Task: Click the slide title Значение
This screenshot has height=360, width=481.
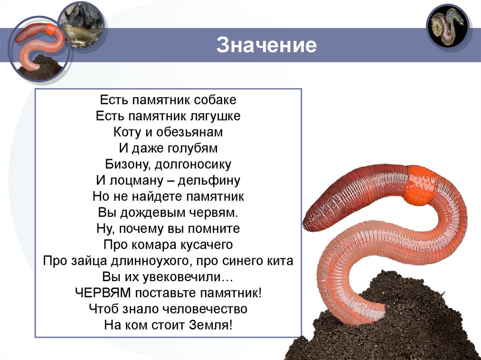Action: coord(266,46)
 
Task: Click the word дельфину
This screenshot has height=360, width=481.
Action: coord(209,180)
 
